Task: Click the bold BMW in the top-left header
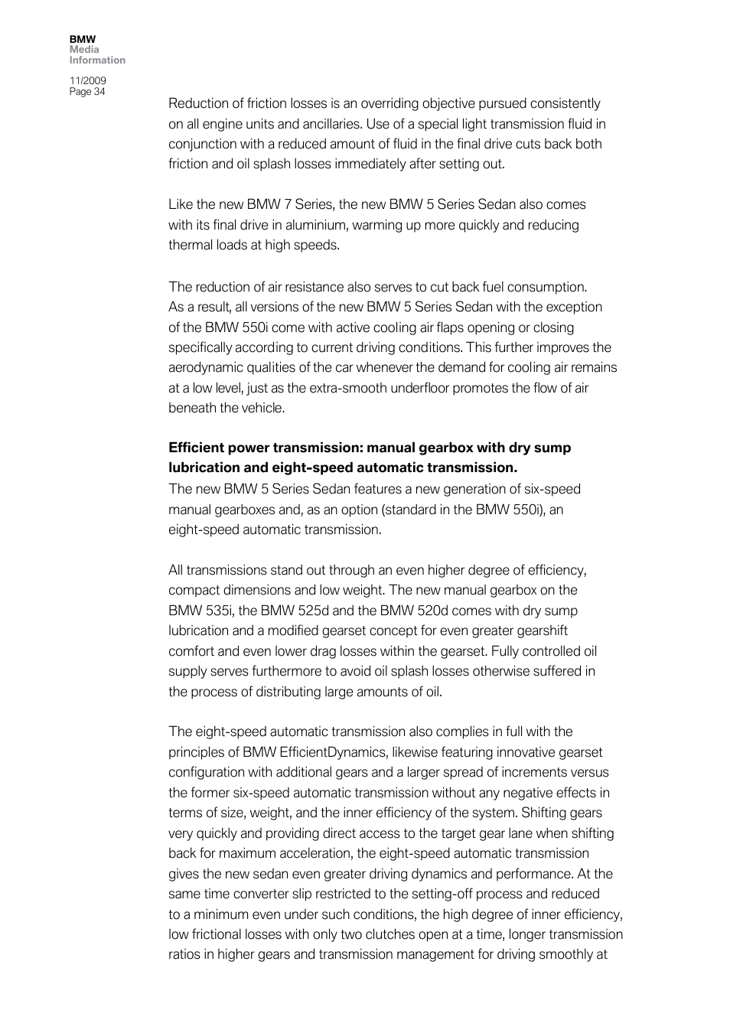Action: tap(83, 39)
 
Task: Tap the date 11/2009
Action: tap(87, 80)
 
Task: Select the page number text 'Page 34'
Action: tap(87, 91)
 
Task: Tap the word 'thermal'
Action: tap(189, 245)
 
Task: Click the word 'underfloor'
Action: tap(419, 388)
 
